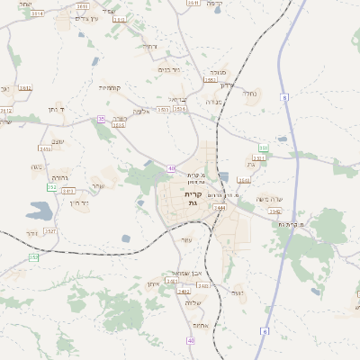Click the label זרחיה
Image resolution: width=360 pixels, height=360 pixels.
pos(149,46)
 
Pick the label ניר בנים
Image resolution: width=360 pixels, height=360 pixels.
pos(168,69)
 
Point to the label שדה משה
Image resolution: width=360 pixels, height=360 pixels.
pos(269,199)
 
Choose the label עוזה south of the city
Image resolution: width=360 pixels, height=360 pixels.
pos(186,239)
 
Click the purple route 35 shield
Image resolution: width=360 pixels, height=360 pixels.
pos(102,119)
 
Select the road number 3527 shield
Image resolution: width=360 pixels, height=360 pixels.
pos(49,231)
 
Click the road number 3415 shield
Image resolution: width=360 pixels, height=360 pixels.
pos(67,191)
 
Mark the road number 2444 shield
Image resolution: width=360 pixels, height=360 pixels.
pos(220,207)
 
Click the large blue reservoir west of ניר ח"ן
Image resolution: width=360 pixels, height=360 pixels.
pos(40,211)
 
